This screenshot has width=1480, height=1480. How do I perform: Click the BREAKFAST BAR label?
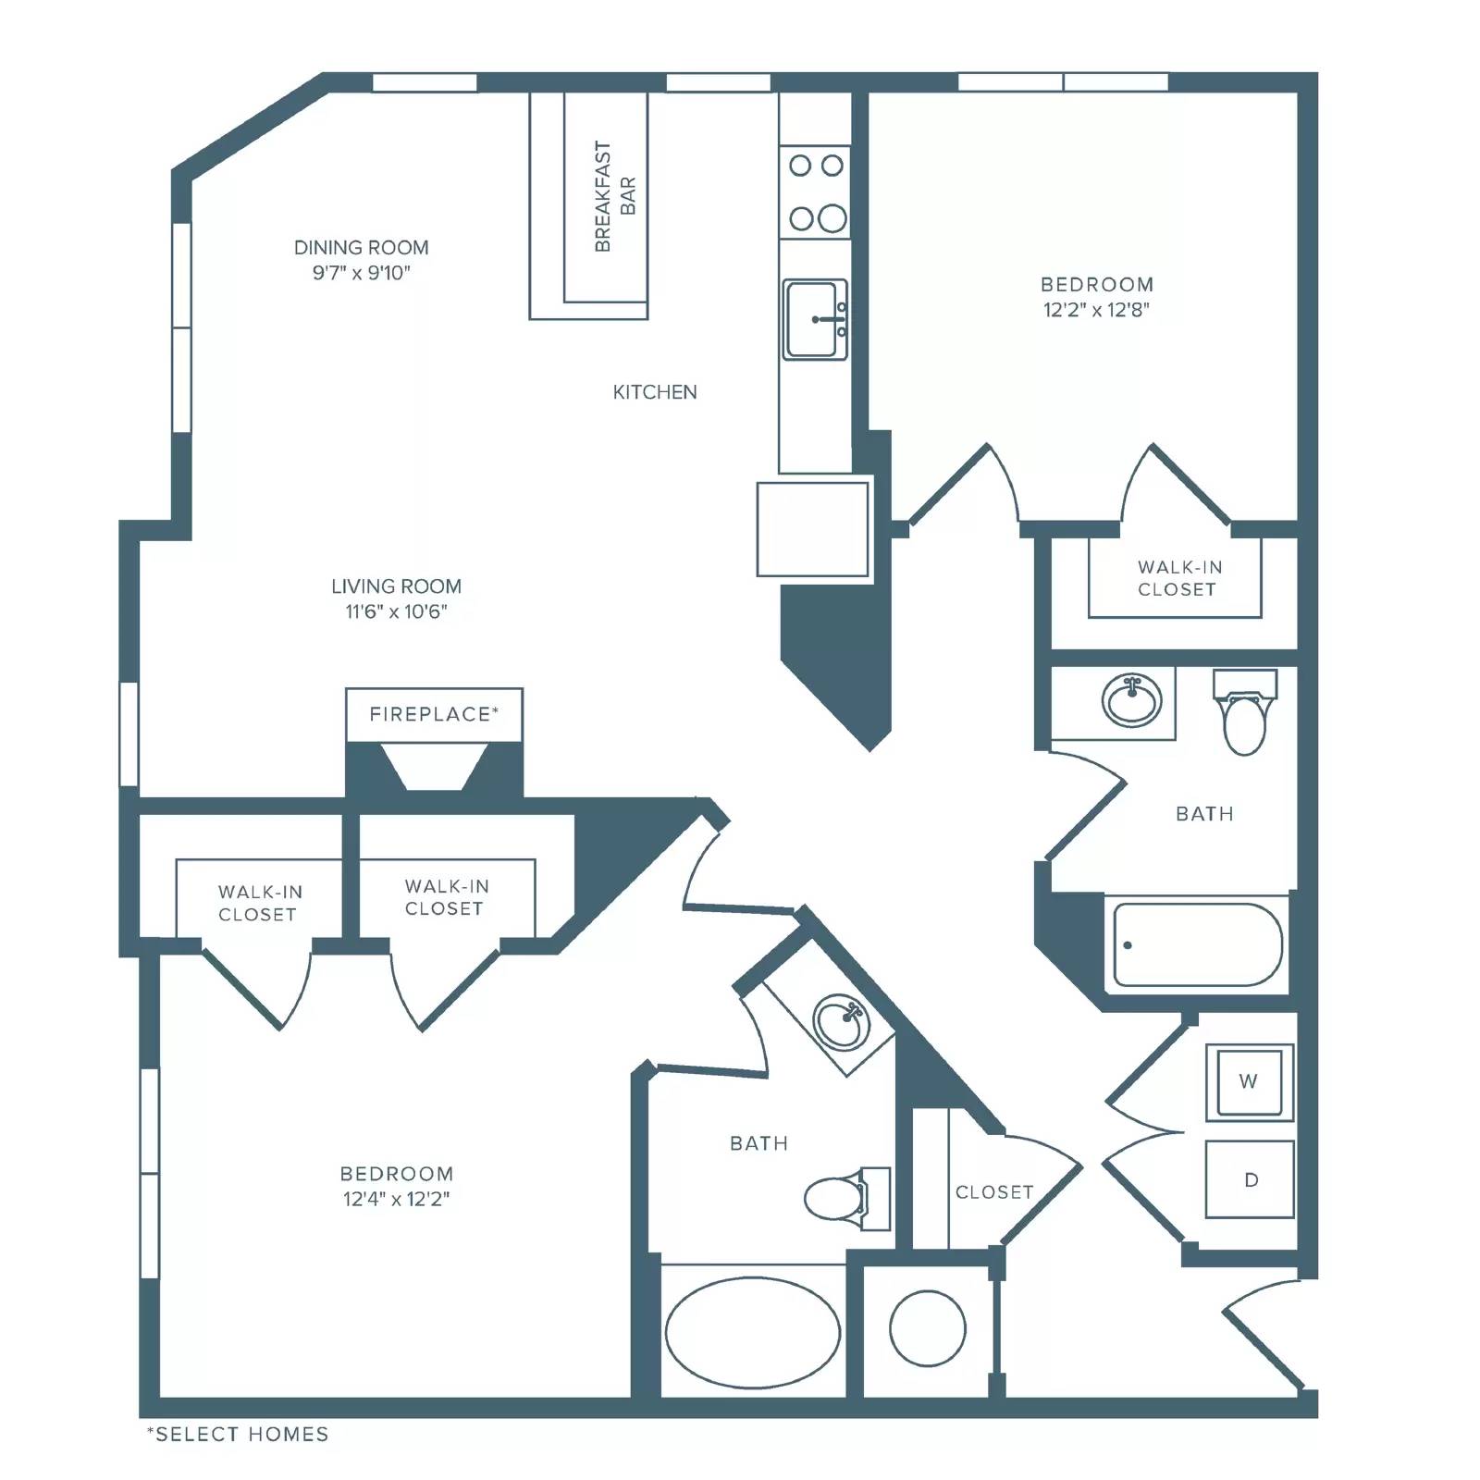(x=615, y=196)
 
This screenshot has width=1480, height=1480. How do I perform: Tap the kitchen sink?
(x=815, y=319)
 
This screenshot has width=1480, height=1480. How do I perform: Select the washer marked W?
(x=1249, y=1081)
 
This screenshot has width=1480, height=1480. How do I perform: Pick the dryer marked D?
(x=1250, y=1179)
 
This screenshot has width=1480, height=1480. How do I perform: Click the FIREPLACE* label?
(x=434, y=714)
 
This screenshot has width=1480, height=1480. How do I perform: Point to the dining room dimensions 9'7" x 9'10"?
(x=361, y=273)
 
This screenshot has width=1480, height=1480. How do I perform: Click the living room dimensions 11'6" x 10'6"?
(x=396, y=611)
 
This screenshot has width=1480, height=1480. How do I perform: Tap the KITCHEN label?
(x=655, y=392)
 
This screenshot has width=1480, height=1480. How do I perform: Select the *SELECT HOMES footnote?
(x=238, y=1435)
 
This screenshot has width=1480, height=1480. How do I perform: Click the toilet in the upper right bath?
(x=1244, y=712)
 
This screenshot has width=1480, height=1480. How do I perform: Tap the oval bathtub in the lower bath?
(x=753, y=1333)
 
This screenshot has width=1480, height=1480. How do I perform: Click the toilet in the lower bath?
(x=846, y=1198)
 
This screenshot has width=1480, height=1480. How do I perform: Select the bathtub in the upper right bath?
(x=1198, y=944)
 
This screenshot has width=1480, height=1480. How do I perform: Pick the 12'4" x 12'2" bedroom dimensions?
(x=396, y=1199)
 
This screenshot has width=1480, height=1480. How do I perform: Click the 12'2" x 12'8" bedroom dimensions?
(x=1096, y=310)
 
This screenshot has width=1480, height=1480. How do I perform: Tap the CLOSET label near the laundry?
(x=994, y=1192)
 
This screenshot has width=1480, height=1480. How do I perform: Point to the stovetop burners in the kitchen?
(x=815, y=192)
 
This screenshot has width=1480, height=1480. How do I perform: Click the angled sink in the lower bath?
(x=842, y=1022)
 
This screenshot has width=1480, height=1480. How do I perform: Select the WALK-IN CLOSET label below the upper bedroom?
(x=1178, y=578)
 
